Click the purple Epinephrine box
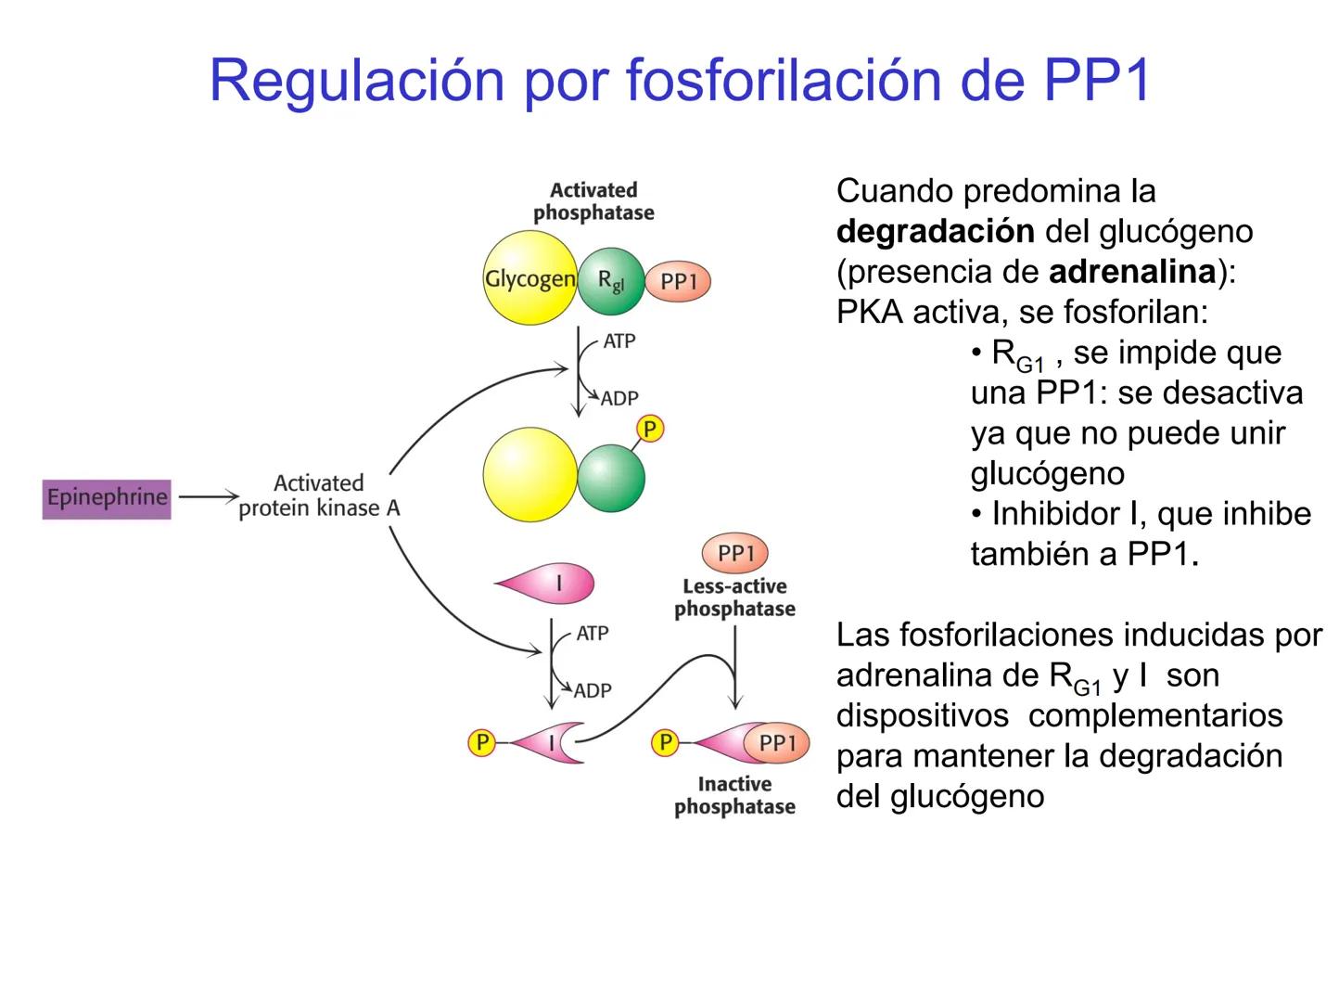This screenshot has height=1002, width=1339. coord(107,498)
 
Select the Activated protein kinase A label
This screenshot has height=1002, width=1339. coord(319,495)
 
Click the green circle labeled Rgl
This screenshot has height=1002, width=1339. coord(610,280)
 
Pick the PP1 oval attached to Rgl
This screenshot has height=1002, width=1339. coord(677,281)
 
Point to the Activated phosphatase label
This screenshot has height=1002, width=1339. coord(593,201)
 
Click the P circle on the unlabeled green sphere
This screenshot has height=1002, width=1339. coord(650,430)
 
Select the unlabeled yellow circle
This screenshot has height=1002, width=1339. coord(530,475)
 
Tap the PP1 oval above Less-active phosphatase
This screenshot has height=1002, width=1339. coord(736,553)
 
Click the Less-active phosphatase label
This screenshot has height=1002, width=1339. coord(734,597)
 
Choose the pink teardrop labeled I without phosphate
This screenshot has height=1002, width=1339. coord(547,584)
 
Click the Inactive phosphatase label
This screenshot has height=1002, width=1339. coord(734,796)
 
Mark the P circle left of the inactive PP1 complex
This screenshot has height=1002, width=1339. coord(664,742)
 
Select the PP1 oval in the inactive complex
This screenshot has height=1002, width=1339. coord(776,742)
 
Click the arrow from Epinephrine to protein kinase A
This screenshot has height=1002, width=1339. coord(208,497)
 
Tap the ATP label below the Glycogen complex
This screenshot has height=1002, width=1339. coord(619,341)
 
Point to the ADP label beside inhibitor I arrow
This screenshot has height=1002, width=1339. coord(593,690)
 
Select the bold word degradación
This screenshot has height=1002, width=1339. coord(936,231)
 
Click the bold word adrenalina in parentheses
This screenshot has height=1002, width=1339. coord(1132,271)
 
